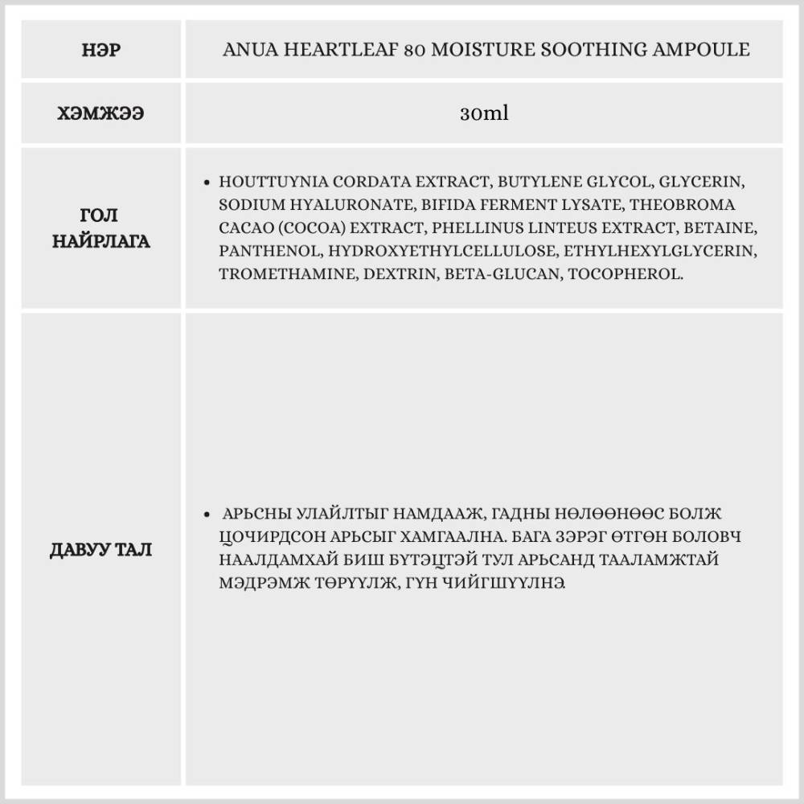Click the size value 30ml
pos(484,114)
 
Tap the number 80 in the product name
pos(416,50)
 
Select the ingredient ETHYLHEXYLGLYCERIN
pos(658,251)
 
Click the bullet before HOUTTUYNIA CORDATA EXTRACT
pos(208,183)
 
